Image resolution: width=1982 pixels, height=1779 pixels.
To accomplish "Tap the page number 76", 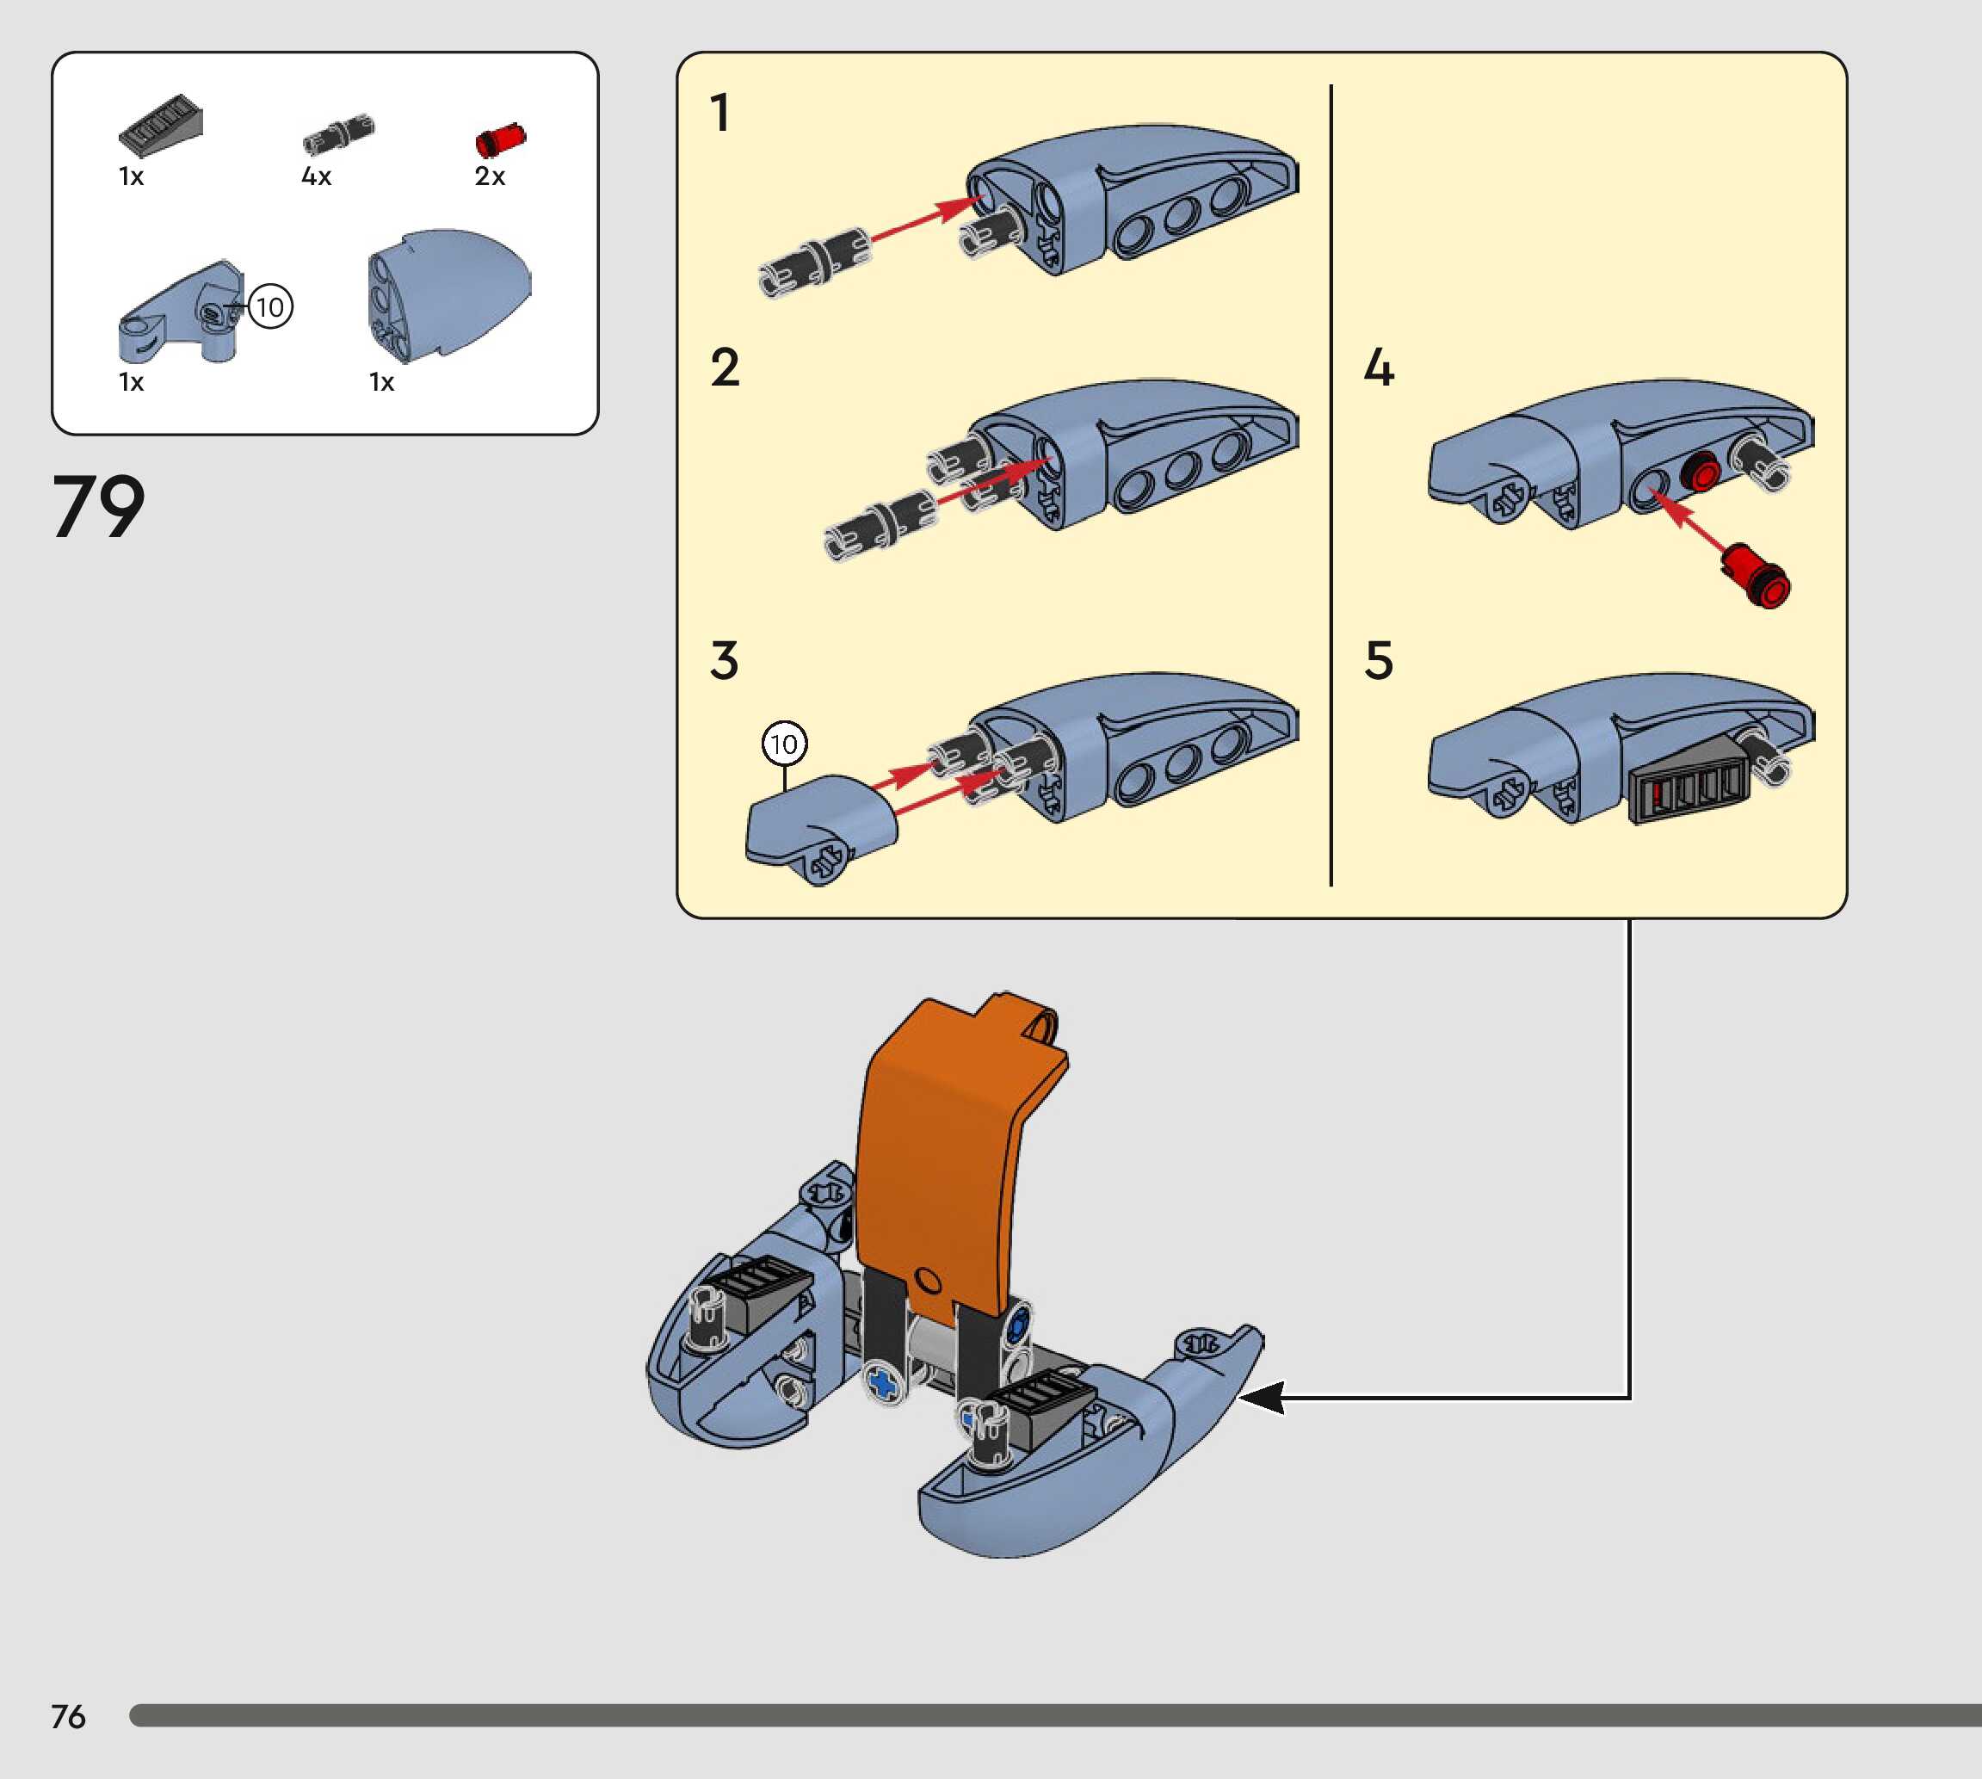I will [x=68, y=1716].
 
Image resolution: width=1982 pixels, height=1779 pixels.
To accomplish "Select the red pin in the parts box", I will [x=499, y=139].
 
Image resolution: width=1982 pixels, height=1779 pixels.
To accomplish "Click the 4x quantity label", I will [x=317, y=177].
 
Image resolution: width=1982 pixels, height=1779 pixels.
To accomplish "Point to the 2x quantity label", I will [x=490, y=177].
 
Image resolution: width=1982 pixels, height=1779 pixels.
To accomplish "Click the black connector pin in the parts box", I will [x=338, y=134].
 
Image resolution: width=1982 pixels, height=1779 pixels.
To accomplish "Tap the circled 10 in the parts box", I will [x=269, y=307].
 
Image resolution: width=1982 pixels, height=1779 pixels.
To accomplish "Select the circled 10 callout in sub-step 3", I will [x=784, y=744].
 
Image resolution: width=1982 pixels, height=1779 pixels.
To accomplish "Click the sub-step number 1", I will [x=720, y=113].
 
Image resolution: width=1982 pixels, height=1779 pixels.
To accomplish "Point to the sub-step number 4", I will [x=1378, y=368].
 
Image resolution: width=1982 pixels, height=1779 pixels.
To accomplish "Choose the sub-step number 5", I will [x=1378, y=661].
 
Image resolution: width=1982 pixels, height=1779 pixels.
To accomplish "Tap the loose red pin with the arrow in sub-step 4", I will [x=1757, y=576].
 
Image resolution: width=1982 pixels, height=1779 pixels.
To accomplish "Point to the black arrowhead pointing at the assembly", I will [x=1262, y=1398].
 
